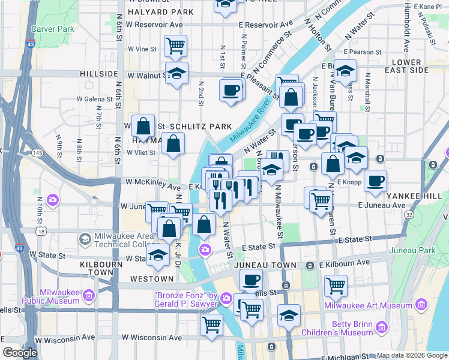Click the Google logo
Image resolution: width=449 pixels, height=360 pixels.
(20, 353)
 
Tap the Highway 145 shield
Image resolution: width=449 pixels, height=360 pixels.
(37, 154)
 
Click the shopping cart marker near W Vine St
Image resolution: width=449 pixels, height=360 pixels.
(175, 45)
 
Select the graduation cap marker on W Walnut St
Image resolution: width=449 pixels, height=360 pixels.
(176, 74)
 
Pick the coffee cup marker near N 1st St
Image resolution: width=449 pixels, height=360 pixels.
(231, 91)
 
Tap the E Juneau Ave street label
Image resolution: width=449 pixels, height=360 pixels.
(382, 205)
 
